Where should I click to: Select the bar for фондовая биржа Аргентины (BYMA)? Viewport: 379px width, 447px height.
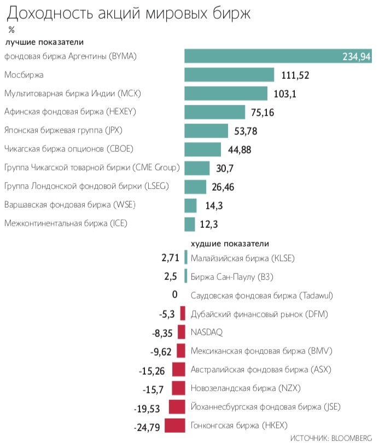pyautogui.click(x=279, y=56)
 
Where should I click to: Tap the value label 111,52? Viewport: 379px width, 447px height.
pyautogui.click(x=295, y=75)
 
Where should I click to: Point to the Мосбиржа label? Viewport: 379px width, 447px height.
pyautogui.click(x=24, y=74)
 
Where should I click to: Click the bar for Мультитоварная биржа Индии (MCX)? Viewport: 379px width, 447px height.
pyautogui.click(x=226, y=94)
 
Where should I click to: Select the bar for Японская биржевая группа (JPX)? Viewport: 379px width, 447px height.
pyautogui.click(x=206, y=131)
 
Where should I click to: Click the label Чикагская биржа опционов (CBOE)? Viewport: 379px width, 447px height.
pyautogui.click(x=69, y=149)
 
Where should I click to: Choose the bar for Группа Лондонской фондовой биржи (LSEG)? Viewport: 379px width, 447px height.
pyautogui.click(x=195, y=187)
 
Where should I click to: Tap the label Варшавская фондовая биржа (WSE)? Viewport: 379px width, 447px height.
pyautogui.click(x=69, y=205)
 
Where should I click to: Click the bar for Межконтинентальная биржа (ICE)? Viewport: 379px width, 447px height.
pyautogui.click(x=190, y=224)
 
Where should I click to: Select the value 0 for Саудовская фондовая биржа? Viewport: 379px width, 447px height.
pyautogui.click(x=175, y=295)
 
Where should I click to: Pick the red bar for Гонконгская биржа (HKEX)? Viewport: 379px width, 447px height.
pyautogui.click(x=175, y=425)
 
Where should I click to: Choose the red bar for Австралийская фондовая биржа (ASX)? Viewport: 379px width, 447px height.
pyautogui.click(x=179, y=369)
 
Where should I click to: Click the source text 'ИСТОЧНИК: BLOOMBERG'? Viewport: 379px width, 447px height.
pyautogui.click(x=331, y=439)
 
